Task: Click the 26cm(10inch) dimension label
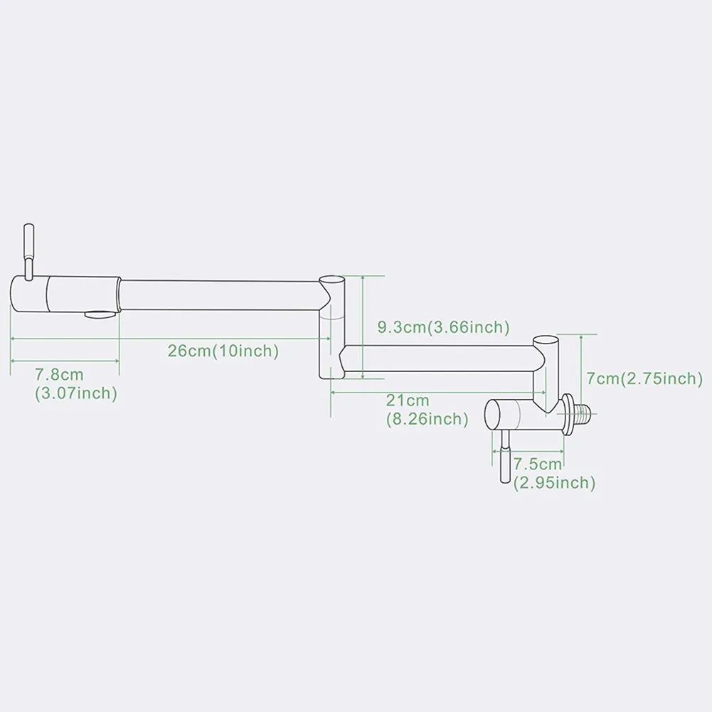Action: (x=223, y=351)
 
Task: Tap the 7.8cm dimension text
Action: (x=59, y=375)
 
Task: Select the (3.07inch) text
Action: (x=75, y=393)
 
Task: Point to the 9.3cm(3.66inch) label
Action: (x=443, y=327)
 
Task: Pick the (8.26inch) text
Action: (x=427, y=420)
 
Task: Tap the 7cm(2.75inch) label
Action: (x=644, y=378)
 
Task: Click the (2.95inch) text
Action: (x=555, y=483)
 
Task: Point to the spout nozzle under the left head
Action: (x=99, y=314)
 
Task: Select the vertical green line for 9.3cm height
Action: (x=363, y=326)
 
